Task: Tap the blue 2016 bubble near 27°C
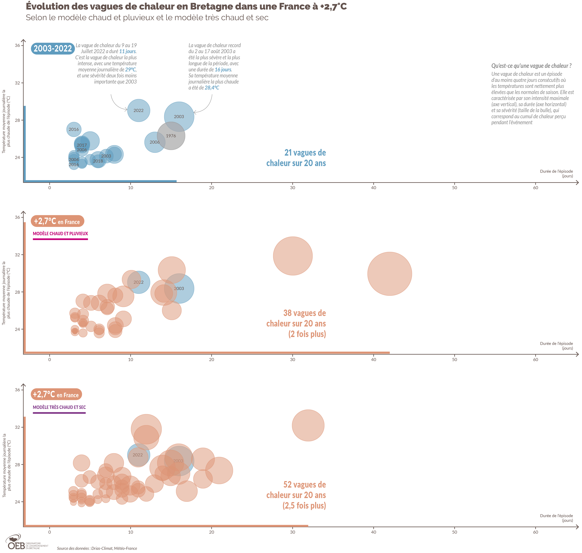pyautogui.click(x=74, y=129)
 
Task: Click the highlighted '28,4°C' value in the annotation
pyautogui.click(x=212, y=88)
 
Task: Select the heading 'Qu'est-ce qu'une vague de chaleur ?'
pyautogui.click(x=531, y=66)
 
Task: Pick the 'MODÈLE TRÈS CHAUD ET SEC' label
pyautogui.click(x=59, y=407)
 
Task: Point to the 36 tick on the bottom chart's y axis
pyautogui.click(x=18, y=390)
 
